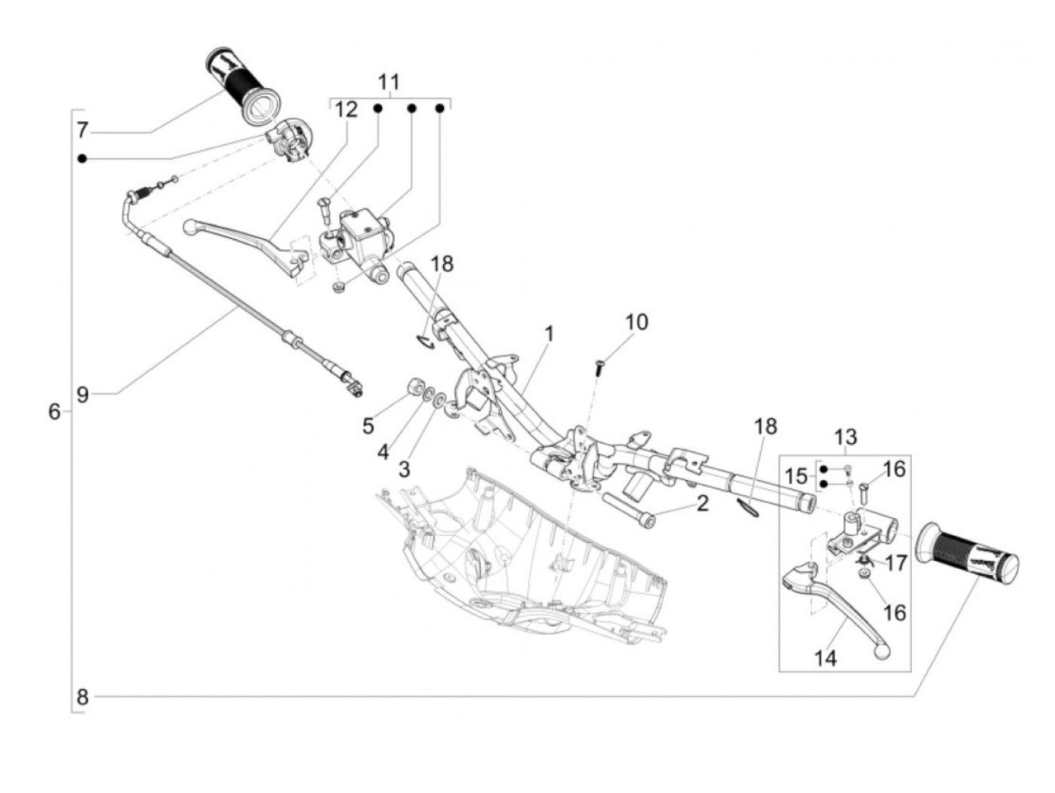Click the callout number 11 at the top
[389, 81]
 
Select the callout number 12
[346, 110]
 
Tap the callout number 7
[82, 130]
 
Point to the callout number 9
[82, 394]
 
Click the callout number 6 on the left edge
[54, 412]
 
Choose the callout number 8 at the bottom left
[82, 697]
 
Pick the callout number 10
[636, 322]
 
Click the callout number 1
[549, 333]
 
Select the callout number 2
[702, 503]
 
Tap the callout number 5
[368, 426]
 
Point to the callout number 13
[846, 436]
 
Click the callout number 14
[825, 658]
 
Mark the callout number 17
[896, 563]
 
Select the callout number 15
[795, 476]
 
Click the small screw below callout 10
[599, 367]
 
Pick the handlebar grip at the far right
[967, 556]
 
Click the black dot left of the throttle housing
[82, 158]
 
